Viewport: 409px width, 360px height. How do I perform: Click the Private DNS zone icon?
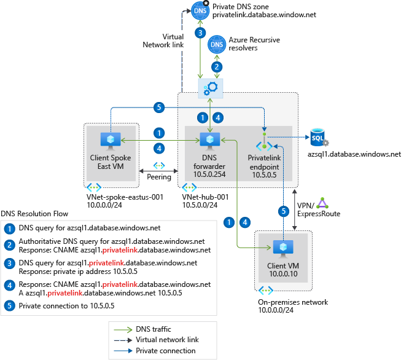tap(200, 10)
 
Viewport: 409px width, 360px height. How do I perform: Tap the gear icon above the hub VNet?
tap(211, 88)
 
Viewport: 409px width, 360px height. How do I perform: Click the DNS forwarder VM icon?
tap(211, 141)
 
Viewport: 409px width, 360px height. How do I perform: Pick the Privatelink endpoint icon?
tap(265, 141)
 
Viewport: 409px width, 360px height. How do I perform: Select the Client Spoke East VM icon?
tap(111, 141)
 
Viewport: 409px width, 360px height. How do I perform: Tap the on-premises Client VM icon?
tap(284, 248)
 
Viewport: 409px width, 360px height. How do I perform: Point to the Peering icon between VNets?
tap(159, 166)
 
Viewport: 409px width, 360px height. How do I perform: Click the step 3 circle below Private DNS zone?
tap(200, 33)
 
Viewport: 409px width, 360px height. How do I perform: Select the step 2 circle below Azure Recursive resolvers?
tap(216, 66)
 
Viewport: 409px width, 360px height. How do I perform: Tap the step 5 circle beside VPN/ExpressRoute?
tap(283, 210)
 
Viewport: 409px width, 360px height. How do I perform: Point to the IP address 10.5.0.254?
tap(211, 175)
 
